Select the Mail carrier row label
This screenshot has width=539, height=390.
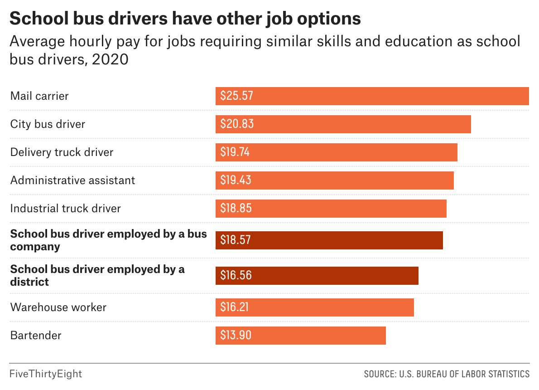[x=39, y=96]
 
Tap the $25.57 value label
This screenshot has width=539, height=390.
[x=236, y=96]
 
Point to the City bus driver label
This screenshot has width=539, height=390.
[x=48, y=124]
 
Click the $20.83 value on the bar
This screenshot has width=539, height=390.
[x=236, y=124]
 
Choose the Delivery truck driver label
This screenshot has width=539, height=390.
[x=62, y=152]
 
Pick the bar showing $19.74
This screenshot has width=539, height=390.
[x=336, y=152]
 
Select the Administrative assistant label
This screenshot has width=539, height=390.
[x=72, y=180]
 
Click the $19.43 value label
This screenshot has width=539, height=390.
[x=236, y=180]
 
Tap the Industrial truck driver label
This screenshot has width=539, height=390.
[x=66, y=209]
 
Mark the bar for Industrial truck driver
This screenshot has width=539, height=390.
[x=331, y=209]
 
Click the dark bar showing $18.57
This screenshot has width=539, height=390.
[x=329, y=240]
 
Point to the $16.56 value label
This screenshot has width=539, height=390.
[x=236, y=276]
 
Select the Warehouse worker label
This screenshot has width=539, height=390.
[x=58, y=307]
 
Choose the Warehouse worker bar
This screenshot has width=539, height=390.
[x=314, y=307]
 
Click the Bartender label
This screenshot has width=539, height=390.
[x=36, y=336]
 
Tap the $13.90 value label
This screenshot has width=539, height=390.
[x=236, y=336]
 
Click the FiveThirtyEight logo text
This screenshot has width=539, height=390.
[x=46, y=374]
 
